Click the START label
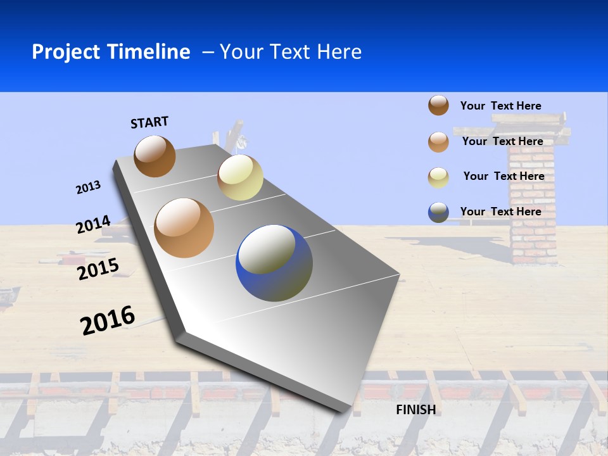tap(149, 122)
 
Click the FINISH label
tap(415, 410)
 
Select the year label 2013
tap(88, 187)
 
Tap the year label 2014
tap(93, 224)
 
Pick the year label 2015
tap(98, 269)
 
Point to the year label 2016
tap(108, 320)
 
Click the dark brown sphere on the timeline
tap(155, 156)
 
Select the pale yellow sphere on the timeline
tap(240, 177)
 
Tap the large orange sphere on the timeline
tap(184, 228)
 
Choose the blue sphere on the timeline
tap(274, 263)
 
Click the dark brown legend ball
tap(438, 105)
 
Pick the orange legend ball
tap(438, 142)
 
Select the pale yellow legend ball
tap(438, 177)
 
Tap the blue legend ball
tap(438, 212)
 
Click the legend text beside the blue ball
tap(500, 212)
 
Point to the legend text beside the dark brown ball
tap(500, 106)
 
